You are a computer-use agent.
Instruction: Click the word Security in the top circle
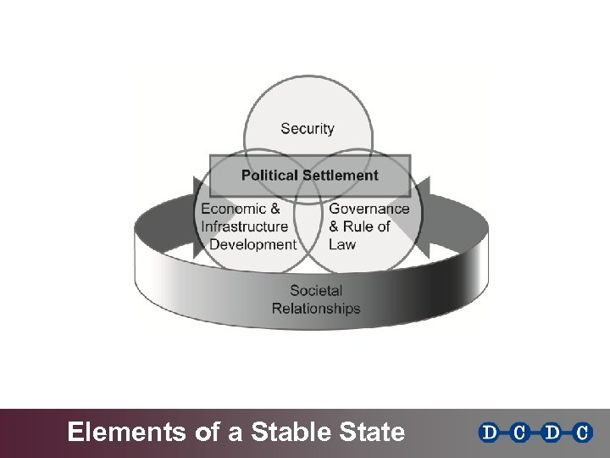(307, 129)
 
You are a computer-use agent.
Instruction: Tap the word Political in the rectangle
(269, 176)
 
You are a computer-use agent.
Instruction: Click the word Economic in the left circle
(229, 209)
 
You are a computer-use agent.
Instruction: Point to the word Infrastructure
(244, 226)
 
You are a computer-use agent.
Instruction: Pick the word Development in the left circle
(252, 244)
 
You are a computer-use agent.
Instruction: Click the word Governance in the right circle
(369, 209)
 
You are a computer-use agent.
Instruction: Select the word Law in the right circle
(342, 244)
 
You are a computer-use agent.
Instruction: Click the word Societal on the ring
(315, 291)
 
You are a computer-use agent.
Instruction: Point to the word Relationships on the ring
(315, 309)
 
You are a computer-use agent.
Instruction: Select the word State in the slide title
(373, 433)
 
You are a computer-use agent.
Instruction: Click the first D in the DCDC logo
(490, 433)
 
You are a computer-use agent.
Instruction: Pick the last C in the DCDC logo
(581, 433)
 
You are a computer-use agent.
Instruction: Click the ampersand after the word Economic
(274, 209)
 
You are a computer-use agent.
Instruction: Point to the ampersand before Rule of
(335, 226)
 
